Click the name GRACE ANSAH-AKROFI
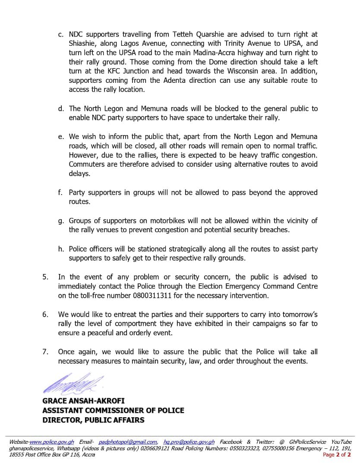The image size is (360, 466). [x=83, y=401]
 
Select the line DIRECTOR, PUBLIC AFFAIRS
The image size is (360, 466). [x=93, y=420]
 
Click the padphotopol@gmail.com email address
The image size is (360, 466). [x=128, y=442]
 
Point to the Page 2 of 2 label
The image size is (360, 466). [x=337, y=455]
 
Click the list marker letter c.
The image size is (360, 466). [x=60, y=34]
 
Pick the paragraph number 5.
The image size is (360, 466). [x=45, y=277]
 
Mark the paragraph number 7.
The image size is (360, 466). [x=45, y=352]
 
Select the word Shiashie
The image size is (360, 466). [x=84, y=43]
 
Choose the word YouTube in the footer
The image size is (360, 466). [x=341, y=442]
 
